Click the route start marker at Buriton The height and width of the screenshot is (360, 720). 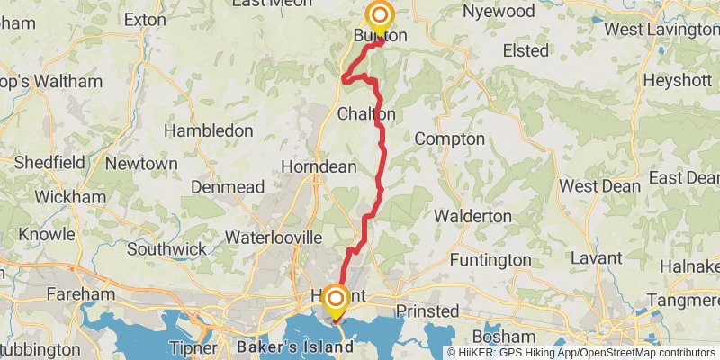380,15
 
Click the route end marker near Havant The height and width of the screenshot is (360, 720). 336,299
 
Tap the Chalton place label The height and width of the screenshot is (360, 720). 366,115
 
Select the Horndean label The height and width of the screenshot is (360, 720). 319,167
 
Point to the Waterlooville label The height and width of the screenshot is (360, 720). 273,238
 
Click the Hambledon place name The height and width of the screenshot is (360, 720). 209,130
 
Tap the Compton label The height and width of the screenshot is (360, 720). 449,139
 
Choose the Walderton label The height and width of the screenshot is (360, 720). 472,217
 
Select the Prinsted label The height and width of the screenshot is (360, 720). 427,311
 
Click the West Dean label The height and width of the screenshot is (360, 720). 600,186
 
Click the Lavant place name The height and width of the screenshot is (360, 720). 596,258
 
